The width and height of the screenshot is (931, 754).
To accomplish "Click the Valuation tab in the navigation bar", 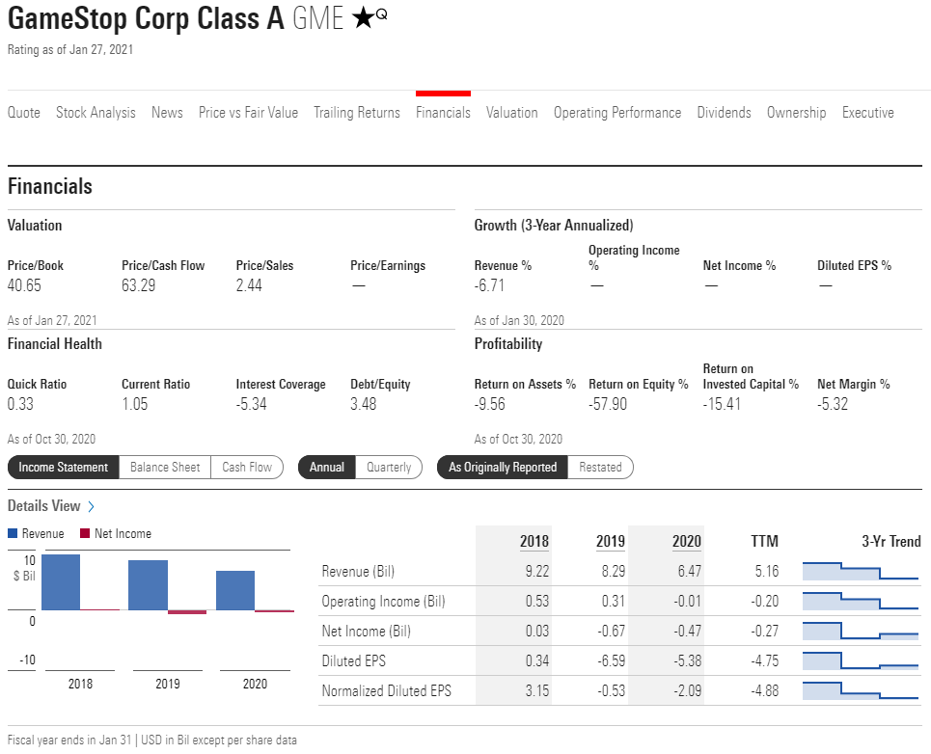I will tap(511, 113).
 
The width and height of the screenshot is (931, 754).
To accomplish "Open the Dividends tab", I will tap(724, 113).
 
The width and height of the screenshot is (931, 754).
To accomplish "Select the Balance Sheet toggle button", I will tap(165, 468).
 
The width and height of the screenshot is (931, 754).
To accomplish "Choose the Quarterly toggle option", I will tap(389, 468).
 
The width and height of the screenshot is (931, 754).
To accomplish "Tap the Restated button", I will tap(600, 468).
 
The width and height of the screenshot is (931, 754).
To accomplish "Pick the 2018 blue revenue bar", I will tap(61, 581).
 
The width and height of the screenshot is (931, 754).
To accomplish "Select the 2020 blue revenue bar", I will tap(235, 590).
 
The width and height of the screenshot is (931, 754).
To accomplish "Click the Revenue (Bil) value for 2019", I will tap(612, 571).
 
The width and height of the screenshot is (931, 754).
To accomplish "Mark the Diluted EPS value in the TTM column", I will tap(764, 661).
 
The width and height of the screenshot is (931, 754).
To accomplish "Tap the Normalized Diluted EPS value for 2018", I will tap(536, 691).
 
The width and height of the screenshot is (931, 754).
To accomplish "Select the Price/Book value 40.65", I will tap(24, 285).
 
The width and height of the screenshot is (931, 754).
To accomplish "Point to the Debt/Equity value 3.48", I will tap(364, 404).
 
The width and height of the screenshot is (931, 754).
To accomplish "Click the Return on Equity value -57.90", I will tap(608, 404).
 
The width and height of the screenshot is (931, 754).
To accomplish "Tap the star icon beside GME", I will tap(363, 18).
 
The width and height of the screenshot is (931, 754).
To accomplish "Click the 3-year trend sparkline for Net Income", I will tap(860, 631).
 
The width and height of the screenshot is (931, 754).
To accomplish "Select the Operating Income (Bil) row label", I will tap(383, 602).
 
